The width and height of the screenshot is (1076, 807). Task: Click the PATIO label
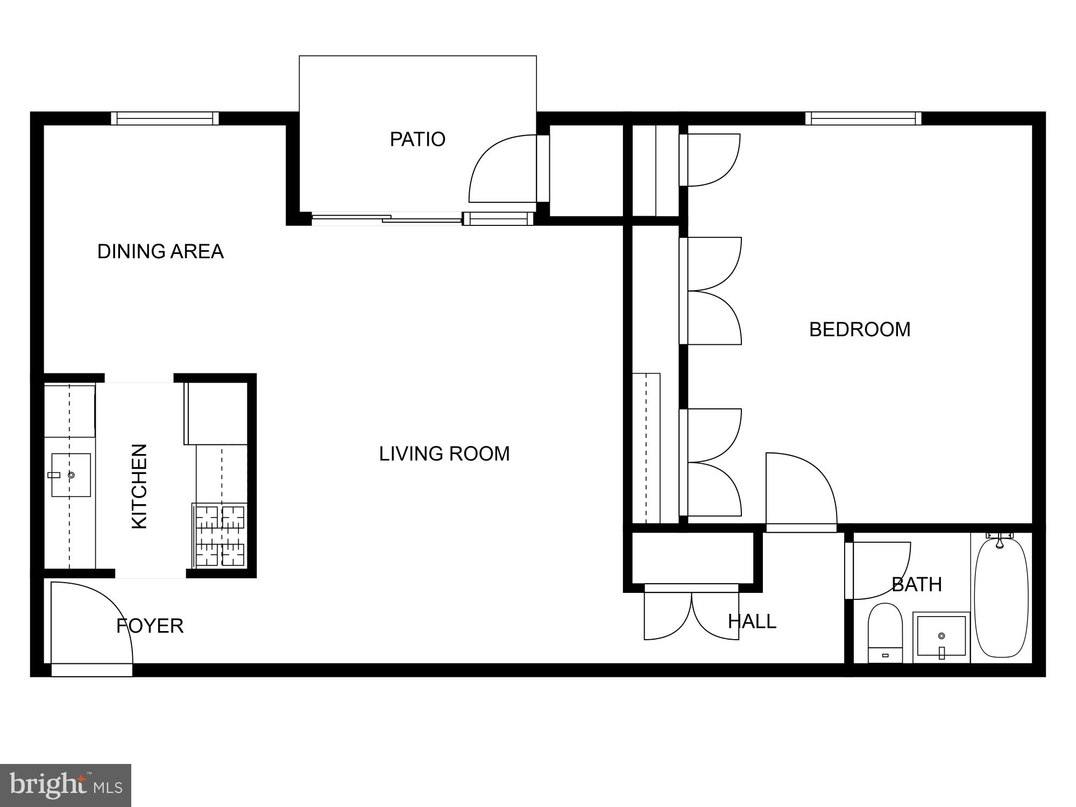[417, 139]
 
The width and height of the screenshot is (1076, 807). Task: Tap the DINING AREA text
[160, 251]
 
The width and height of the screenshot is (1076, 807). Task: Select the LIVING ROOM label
[444, 454]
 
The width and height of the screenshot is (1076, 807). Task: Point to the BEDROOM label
[860, 329]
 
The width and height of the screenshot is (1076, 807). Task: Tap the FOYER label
[150, 626]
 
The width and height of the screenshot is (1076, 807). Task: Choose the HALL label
[752, 621]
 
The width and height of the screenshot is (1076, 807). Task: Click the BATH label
[917, 584]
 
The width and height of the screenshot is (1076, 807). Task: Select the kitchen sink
[70, 475]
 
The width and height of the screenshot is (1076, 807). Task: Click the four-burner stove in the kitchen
[220, 535]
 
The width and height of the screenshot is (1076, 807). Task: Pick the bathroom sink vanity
[941, 637]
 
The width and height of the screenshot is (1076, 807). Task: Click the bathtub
[1001, 597]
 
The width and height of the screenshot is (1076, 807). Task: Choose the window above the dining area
[165, 118]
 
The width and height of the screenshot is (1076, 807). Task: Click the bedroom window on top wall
[863, 118]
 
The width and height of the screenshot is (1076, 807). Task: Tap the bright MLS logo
[66, 785]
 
